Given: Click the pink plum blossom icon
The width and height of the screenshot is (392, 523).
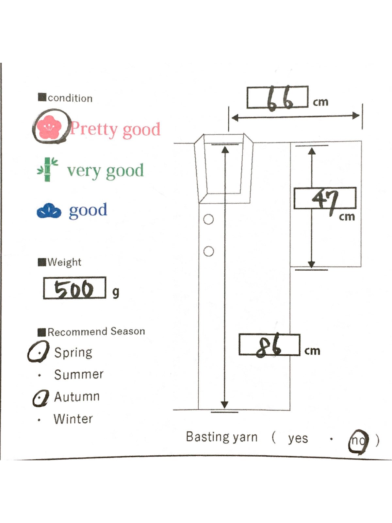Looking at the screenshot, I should coord(49,127).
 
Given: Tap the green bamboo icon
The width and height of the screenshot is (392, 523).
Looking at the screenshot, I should coord(48,170).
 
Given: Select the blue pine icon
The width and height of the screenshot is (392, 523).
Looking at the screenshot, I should coord(49,211).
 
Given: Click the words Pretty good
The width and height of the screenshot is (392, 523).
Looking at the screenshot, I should coord(115,129).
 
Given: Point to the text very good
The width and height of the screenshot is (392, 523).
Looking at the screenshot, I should coord(105,171).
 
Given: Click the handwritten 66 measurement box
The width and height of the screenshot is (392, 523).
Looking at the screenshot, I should coord(277,97).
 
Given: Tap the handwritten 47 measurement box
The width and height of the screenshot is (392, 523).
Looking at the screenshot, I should coord(325,198).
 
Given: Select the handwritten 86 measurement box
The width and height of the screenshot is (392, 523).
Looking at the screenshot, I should coord(269,345).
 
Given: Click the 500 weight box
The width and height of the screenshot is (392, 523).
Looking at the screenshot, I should coord(74,288).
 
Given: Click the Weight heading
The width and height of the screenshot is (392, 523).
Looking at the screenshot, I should coord(64,262).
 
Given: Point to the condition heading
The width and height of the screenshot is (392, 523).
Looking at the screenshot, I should coord(70,98).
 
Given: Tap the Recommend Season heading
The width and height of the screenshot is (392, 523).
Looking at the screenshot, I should coord(96,331).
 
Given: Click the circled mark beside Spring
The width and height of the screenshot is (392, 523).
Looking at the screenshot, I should coord(39,352).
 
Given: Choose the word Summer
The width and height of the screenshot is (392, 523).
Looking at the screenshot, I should coord(79,374).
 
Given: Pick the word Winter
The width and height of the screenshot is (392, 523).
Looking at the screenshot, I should coord(73,419).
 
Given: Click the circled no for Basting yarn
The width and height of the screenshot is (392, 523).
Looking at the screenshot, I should coord(358,441).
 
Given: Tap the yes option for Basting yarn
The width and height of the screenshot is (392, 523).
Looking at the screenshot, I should coord(298,438).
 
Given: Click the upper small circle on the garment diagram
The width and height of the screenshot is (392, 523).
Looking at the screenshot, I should coord(208,219).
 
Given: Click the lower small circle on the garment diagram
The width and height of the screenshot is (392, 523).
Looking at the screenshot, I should coord(208,251).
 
